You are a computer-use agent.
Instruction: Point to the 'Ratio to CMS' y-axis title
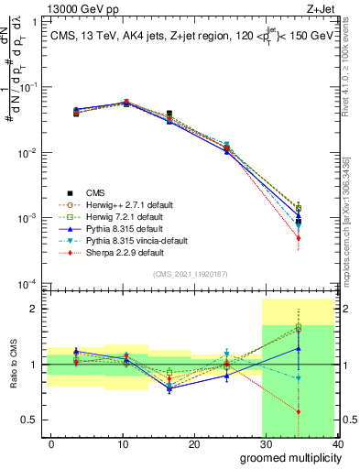point(12,365)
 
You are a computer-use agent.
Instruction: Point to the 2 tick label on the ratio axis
point(38,309)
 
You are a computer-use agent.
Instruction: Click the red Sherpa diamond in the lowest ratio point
point(299,411)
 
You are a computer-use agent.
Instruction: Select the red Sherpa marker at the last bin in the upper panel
point(299,238)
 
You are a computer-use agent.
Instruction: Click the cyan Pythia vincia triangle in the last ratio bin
point(299,377)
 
